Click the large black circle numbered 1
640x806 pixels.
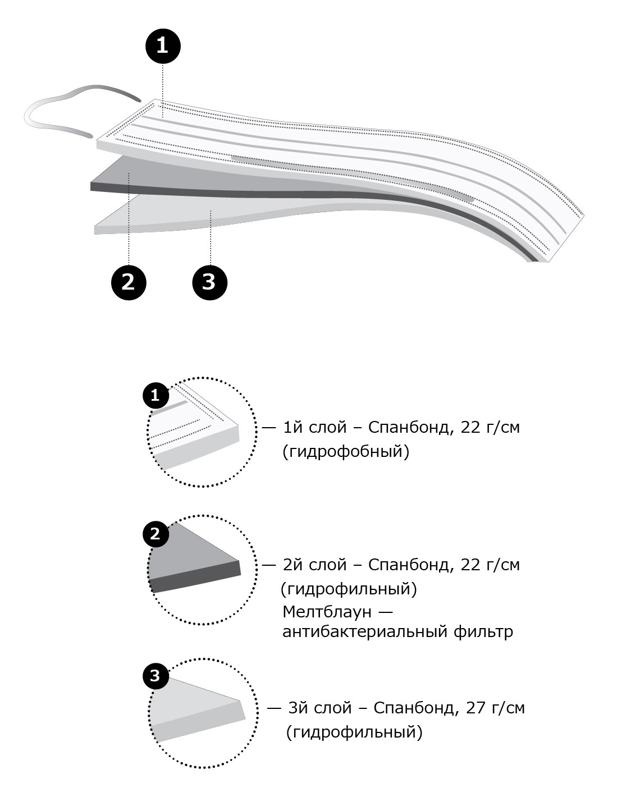[163, 47]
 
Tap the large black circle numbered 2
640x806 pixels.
[129, 283]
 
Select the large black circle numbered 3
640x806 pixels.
[210, 283]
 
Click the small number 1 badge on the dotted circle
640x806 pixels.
[156, 396]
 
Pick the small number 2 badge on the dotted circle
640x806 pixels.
[156, 534]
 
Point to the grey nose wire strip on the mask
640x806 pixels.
[352, 178]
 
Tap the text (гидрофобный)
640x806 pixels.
[346, 451]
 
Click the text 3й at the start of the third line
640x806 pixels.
[298, 708]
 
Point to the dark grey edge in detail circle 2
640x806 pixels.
[195, 577]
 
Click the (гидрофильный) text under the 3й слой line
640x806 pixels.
[354, 732]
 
